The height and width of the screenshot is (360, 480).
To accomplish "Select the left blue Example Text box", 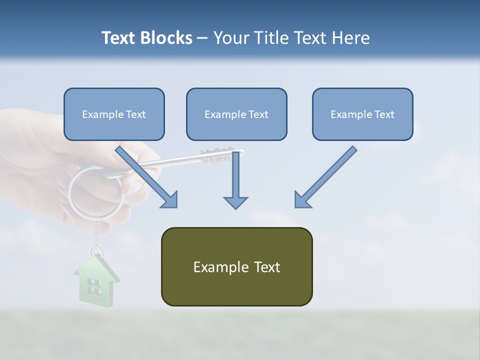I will (x=114, y=114).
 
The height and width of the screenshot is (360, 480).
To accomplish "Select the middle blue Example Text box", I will (x=236, y=114).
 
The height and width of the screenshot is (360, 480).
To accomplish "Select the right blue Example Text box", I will (x=362, y=114).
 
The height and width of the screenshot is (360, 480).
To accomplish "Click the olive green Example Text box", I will (x=236, y=266).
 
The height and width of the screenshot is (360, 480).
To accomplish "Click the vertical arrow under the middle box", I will (x=235, y=180).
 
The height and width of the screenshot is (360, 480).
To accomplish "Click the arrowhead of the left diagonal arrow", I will (x=170, y=200).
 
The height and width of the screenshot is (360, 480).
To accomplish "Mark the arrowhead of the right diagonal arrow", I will (x=302, y=200).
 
